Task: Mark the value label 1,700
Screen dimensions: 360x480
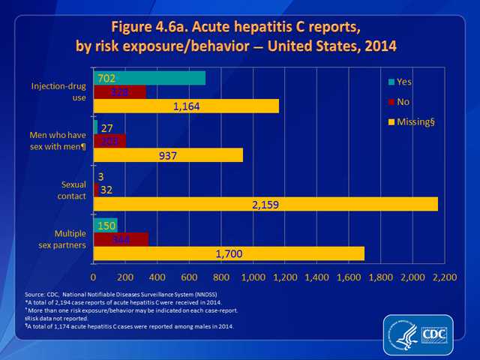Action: tap(228, 253)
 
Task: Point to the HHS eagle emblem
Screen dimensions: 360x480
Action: tap(404, 333)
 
